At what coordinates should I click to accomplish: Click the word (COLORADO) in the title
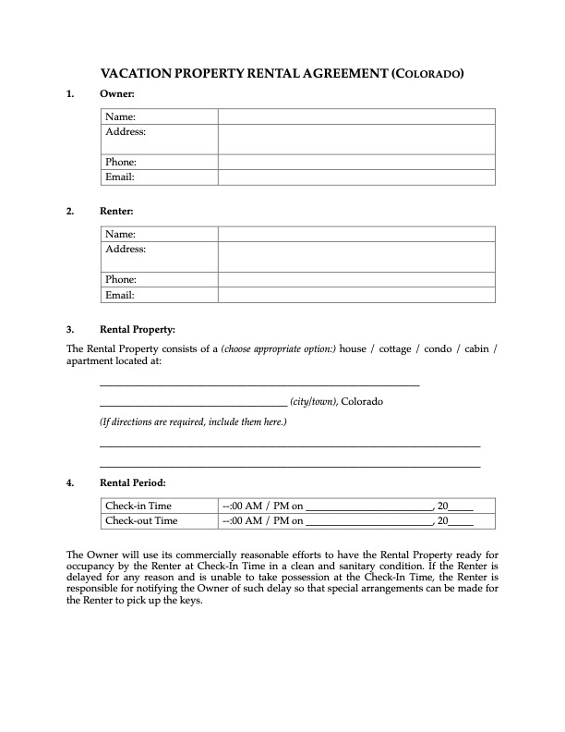tap(427, 73)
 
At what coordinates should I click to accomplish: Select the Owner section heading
tap(117, 94)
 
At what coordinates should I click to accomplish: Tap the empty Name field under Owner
tap(356, 116)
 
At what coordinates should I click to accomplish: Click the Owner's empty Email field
tap(356, 177)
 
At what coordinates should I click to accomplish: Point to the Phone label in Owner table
tap(121, 162)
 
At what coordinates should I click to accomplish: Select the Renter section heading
tap(118, 212)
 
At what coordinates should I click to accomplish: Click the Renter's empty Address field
tap(356, 256)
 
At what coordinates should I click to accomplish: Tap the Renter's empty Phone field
tap(356, 279)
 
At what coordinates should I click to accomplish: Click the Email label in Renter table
tap(120, 296)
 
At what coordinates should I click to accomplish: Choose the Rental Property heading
tap(137, 329)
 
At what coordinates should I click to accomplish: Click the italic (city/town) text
tap(314, 402)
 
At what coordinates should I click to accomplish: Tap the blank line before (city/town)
tap(193, 403)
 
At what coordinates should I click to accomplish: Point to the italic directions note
tap(193, 422)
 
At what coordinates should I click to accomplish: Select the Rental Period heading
tap(133, 482)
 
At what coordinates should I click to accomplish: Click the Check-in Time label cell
tap(138, 506)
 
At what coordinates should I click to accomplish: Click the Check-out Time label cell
tap(141, 520)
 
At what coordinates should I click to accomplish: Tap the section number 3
tap(69, 329)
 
